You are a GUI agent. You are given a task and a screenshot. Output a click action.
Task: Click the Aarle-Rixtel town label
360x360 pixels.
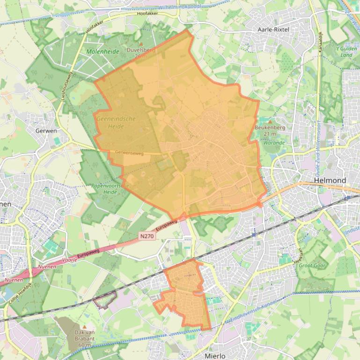click(274, 29)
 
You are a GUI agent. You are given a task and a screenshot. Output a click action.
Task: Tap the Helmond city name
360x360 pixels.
click(331, 180)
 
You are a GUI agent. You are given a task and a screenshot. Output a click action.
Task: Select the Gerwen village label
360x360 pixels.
click(46, 131)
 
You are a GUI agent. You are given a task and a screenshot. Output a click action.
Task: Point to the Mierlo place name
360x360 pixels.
click(215, 356)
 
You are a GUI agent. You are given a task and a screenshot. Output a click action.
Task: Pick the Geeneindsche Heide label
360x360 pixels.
click(116, 122)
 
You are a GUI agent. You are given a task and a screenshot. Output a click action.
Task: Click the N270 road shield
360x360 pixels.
click(147, 237)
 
